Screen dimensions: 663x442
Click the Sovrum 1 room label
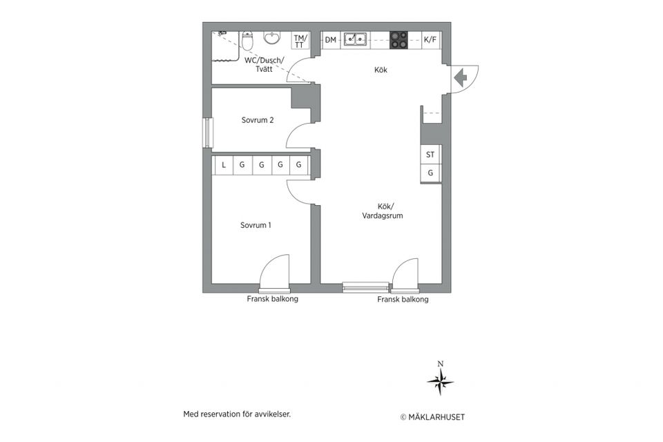point(256,225)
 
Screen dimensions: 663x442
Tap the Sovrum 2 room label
point(258,120)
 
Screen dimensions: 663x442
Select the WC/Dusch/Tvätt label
point(265,65)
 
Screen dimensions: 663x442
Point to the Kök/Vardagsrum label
point(383,211)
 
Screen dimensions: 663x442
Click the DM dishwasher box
point(331,40)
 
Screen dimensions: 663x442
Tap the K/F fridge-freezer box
point(430,40)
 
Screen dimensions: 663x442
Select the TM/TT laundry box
point(299,41)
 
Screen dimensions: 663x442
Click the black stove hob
point(398,40)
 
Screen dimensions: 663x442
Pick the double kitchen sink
point(355,40)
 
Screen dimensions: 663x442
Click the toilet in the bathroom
point(248,41)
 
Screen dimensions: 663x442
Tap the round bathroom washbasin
point(272,38)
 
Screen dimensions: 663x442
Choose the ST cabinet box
point(430,155)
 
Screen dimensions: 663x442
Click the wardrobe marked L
point(224,165)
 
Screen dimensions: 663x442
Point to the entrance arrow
point(460,78)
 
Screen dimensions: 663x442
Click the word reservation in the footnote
point(219,414)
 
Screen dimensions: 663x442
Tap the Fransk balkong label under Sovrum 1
point(272,299)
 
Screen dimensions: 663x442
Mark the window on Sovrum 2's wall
point(206,133)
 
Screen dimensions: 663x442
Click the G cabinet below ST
point(430,173)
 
